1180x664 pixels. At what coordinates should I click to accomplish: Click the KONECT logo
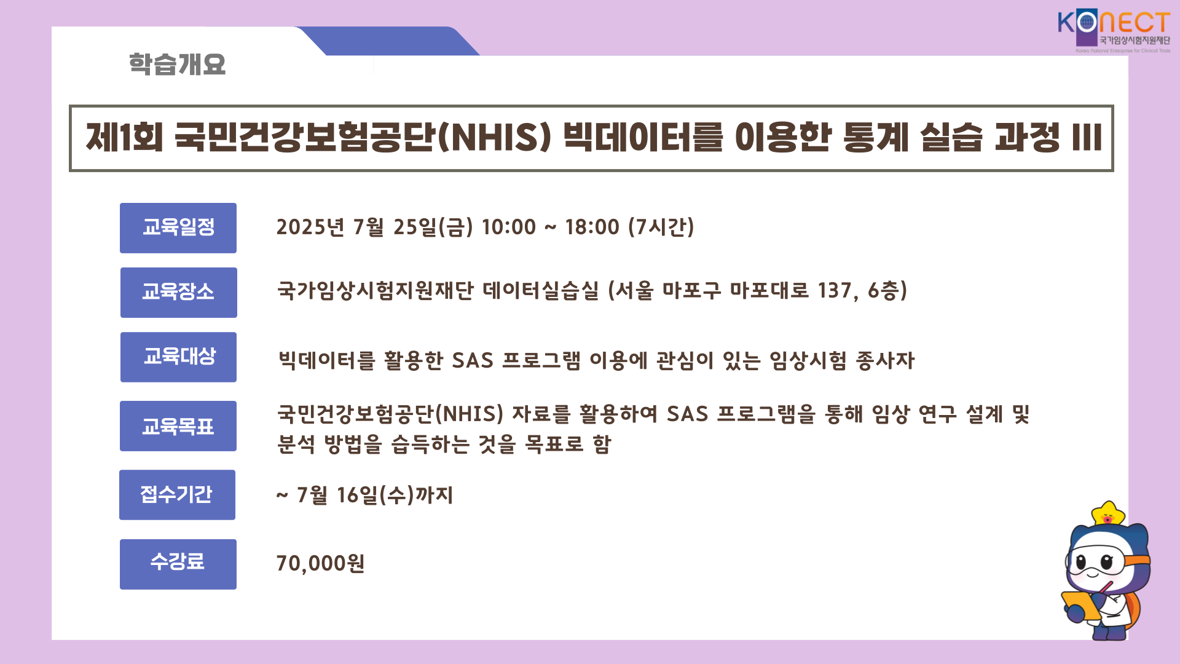pyautogui.click(x=1114, y=31)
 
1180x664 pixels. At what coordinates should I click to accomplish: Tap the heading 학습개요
pyautogui.click(x=177, y=64)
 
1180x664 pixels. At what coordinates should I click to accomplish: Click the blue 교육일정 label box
pyautogui.click(x=178, y=228)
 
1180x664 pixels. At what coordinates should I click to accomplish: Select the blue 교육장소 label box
pyautogui.click(x=179, y=293)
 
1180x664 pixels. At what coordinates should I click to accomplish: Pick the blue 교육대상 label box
pyautogui.click(x=179, y=357)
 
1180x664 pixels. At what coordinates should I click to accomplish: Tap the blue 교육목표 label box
pyautogui.click(x=178, y=426)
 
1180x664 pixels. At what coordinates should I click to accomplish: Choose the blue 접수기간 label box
pyautogui.click(x=178, y=495)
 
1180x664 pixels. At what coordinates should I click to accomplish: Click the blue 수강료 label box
pyautogui.click(x=178, y=564)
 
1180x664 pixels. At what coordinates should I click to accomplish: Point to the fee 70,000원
pyautogui.click(x=320, y=563)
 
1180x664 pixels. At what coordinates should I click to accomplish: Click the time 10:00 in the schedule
pyautogui.click(x=509, y=227)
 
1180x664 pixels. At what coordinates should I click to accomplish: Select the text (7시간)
pyautogui.click(x=661, y=227)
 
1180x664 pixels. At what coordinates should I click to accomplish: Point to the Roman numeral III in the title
pyautogui.click(x=1087, y=137)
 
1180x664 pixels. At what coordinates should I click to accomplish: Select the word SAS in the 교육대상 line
pyautogui.click(x=473, y=361)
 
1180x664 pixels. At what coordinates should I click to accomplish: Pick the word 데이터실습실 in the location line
pyautogui.click(x=541, y=291)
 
